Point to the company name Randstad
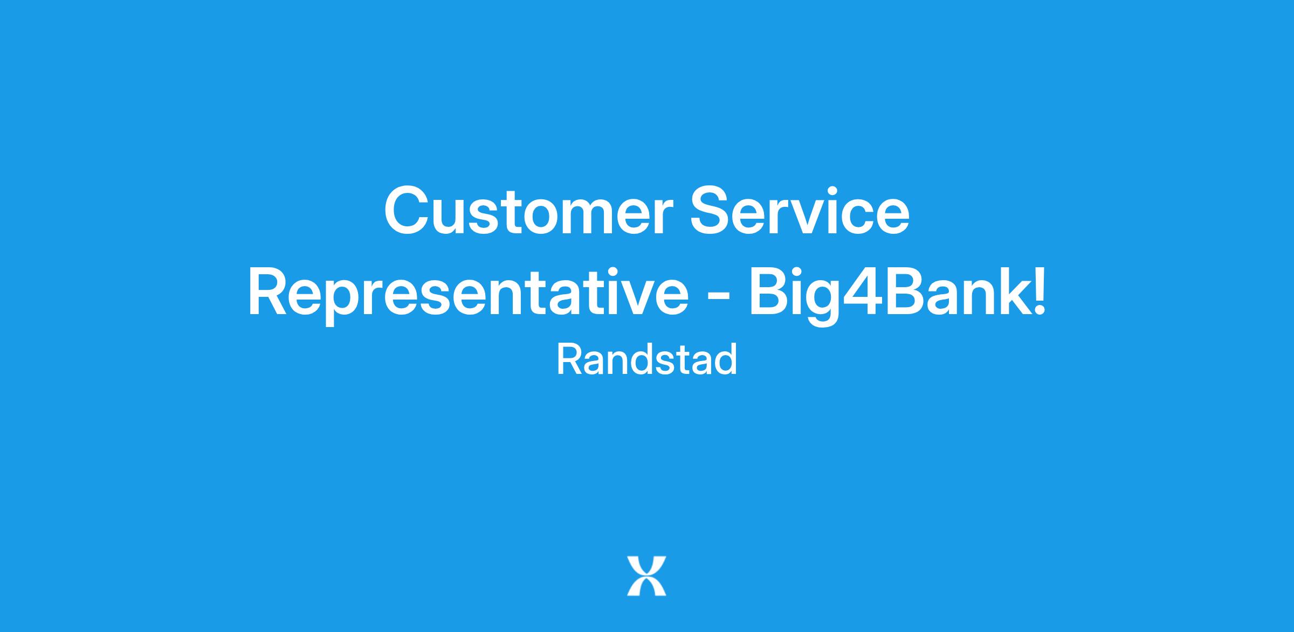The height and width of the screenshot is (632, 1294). point(646,360)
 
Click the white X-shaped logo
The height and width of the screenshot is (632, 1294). point(646,576)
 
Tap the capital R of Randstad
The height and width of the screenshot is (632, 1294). point(569,360)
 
